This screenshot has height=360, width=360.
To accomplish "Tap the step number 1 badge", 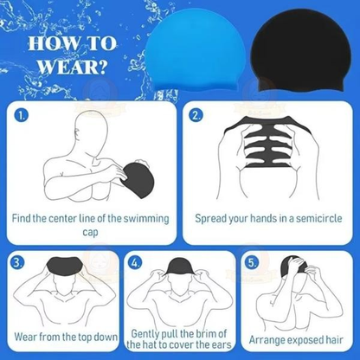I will tap(22, 114).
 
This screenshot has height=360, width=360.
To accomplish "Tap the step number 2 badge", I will tap(196, 114).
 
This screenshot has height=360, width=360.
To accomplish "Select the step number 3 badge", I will tap(18, 260).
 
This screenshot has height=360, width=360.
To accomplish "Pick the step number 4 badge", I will tap(135, 260).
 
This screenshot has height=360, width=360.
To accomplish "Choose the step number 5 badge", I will tap(252, 260).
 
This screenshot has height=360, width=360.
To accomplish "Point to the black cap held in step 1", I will tap(138, 178).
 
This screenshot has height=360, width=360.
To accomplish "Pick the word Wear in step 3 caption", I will tap(29, 338).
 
